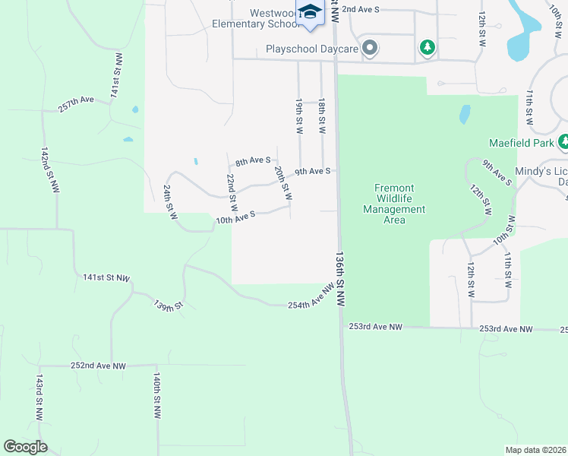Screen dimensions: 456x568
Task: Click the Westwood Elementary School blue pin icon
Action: click(x=309, y=13)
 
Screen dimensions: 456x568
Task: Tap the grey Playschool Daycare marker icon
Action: click(x=370, y=49)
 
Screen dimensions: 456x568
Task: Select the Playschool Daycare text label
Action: click(x=312, y=49)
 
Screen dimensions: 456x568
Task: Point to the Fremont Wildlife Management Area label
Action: click(x=394, y=204)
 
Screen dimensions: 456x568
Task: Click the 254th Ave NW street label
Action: click(x=311, y=297)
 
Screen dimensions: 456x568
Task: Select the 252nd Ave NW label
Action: click(x=99, y=366)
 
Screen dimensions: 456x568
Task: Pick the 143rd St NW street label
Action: click(x=38, y=396)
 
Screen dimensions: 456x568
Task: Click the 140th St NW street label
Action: click(x=156, y=396)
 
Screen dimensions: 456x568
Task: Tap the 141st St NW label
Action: click(x=106, y=278)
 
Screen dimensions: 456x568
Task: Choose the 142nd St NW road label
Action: click(x=50, y=170)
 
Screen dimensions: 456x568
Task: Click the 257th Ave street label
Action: click(x=76, y=104)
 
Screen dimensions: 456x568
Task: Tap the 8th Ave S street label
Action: click(x=253, y=161)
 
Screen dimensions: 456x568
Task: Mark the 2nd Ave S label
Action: click(x=360, y=9)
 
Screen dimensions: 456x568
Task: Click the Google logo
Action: click(x=25, y=447)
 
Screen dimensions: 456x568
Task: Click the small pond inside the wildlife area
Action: click(x=464, y=114)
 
